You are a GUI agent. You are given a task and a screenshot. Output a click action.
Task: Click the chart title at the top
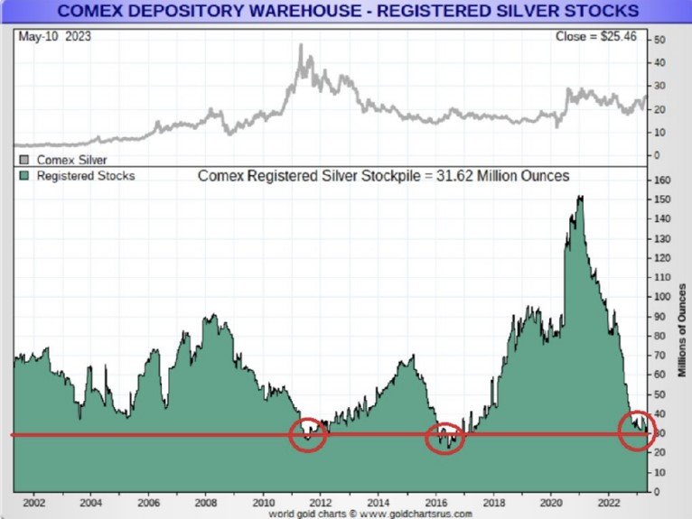point(346,11)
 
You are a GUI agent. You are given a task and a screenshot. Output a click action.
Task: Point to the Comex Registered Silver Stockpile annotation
point(384,176)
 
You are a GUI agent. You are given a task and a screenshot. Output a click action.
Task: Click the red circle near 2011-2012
point(308,435)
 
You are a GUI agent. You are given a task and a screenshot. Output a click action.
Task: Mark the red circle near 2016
point(444,439)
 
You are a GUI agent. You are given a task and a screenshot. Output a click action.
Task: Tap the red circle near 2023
point(639,431)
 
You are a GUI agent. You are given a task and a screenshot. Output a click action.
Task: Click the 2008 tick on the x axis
point(206,503)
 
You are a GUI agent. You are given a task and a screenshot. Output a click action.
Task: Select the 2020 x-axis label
point(550,503)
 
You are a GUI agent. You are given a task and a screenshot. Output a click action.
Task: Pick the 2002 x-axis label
point(33,503)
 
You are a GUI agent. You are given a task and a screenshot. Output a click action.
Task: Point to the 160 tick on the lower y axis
point(661,181)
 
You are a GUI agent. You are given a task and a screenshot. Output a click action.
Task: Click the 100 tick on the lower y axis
point(661,297)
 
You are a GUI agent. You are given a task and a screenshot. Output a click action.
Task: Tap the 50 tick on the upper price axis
point(660,41)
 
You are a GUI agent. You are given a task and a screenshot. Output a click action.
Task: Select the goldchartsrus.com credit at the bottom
point(370,513)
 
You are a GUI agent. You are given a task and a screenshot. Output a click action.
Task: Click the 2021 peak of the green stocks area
point(578,197)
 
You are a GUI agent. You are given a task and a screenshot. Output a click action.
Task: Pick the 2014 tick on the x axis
point(379,503)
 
